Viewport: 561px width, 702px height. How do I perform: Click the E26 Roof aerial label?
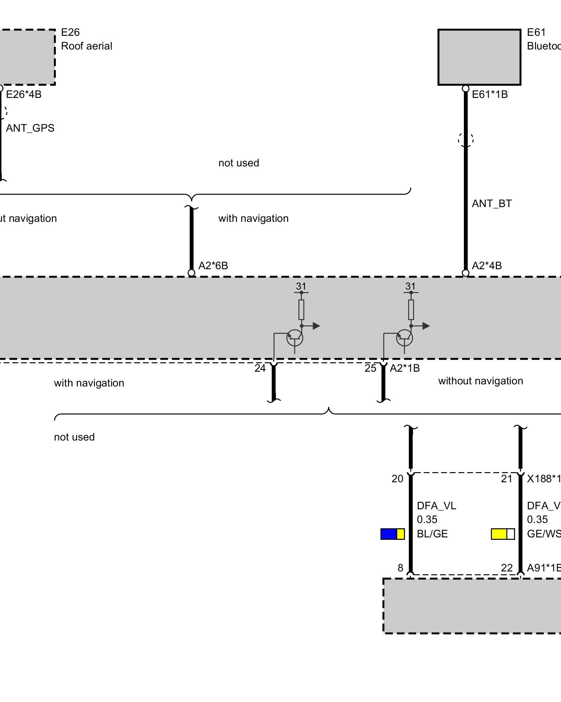coord(86,39)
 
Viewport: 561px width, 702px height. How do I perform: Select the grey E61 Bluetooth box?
coord(479,57)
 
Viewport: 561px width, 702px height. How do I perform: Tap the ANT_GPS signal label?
coord(30,128)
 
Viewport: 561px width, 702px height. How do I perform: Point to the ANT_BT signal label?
coord(492,204)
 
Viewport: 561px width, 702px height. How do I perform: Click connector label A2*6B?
coord(213,266)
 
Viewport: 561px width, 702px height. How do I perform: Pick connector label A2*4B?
coord(487,266)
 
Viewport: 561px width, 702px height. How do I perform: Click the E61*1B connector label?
coord(489,94)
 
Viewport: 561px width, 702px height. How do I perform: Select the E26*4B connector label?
coord(24,94)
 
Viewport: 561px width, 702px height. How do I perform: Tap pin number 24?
coord(260,368)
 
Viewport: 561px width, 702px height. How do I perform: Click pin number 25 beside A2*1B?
coord(370,368)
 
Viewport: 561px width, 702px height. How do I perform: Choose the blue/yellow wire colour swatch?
coord(392,534)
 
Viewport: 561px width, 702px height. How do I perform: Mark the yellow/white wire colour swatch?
coord(502,534)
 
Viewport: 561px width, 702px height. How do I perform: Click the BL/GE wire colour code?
coord(432,534)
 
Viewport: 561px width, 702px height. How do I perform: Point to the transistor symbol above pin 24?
coord(295,338)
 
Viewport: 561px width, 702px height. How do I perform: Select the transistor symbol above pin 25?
coord(404,338)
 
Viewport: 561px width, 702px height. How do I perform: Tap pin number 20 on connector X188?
coord(397,479)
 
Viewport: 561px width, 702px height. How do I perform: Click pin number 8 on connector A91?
coord(400,568)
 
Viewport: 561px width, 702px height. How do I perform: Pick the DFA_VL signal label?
coord(436,506)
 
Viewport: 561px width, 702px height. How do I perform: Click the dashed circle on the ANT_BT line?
coord(465,140)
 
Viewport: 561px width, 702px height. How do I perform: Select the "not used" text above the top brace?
coord(238,163)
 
